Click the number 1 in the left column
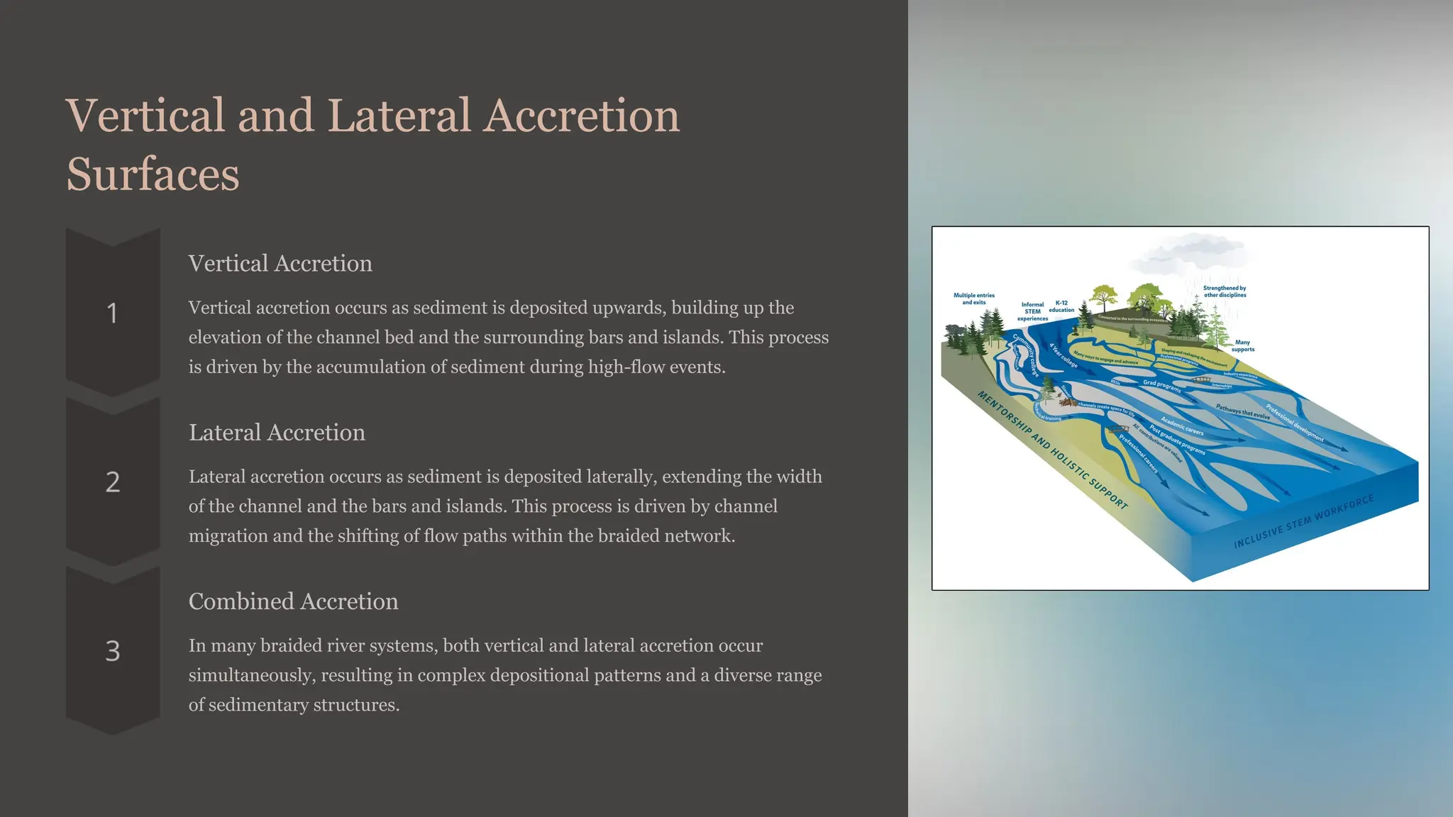click(x=112, y=313)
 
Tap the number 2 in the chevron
click(x=112, y=482)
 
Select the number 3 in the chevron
click(x=112, y=651)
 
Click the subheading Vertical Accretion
click(x=280, y=263)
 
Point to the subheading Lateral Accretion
click(x=277, y=432)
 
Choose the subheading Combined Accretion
click(x=293, y=601)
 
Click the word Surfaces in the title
click(x=153, y=174)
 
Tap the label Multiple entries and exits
click(x=973, y=299)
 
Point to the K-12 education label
click(x=1061, y=306)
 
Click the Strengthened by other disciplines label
click(x=1225, y=291)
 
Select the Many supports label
click(x=1242, y=345)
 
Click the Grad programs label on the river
click(x=1161, y=387)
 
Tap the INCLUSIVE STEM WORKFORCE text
click(x=1303, y=522)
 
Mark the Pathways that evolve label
click(x=1242, y=412)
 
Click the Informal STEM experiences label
click(x=1032, y=311)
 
